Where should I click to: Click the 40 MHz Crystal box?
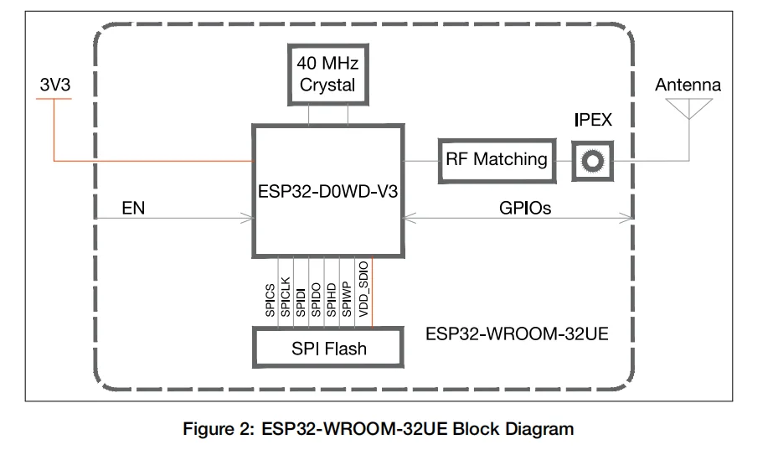click(327, 74)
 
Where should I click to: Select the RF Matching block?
click(497, 159)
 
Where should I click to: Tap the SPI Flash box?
click(327, 348)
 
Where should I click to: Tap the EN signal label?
click(133, 209)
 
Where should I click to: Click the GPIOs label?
click(524, 209)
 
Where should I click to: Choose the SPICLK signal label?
click(286, 297)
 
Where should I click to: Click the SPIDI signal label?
click(301, 300)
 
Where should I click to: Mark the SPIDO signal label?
click(316, 299)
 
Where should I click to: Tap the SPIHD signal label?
click(331, 299)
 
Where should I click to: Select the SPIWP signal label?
click(346, 299)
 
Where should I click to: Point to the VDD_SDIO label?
click(363, 289)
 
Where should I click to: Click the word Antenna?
click(688, 85)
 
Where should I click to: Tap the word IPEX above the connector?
click(593, 120)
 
